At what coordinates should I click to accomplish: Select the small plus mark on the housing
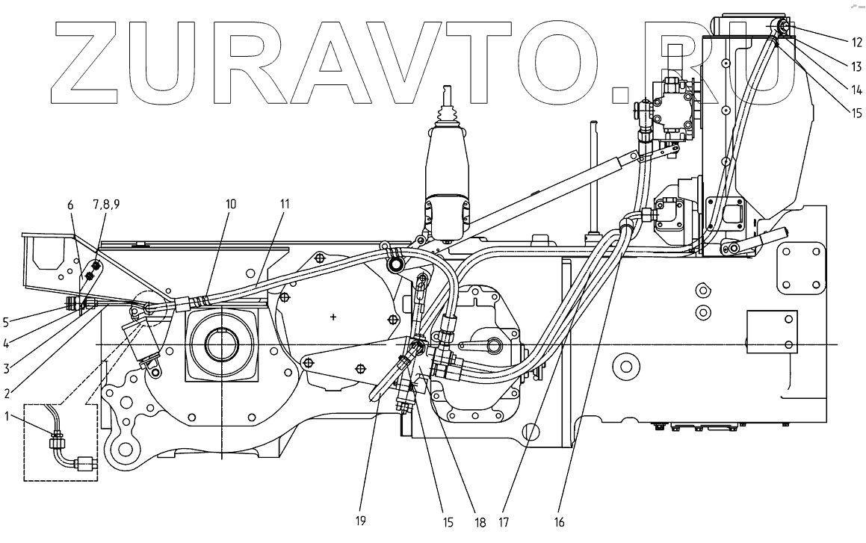333,317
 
